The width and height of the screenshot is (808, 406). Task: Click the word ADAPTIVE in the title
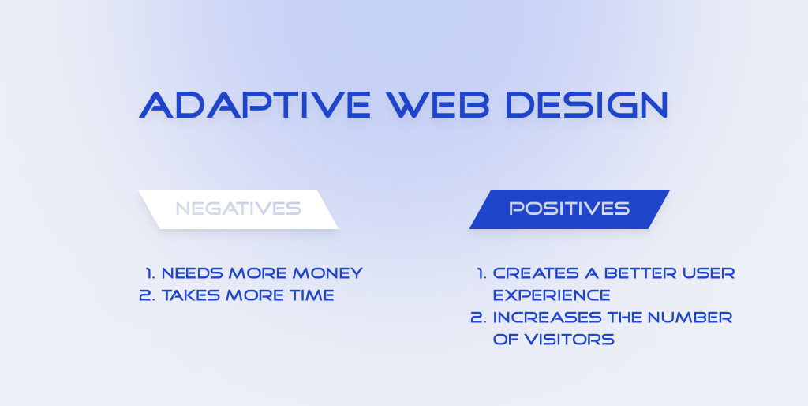point(255,105)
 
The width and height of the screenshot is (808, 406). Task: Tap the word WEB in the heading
point(438,105)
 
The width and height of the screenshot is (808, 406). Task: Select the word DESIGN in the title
point(586,105)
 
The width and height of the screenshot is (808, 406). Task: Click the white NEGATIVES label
point(238,209)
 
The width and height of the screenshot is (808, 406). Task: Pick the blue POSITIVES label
point(570,209)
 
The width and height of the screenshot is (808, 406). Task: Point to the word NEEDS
point(193,273)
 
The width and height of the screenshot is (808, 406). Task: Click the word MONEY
point(327,273)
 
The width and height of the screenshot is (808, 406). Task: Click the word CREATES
point(536,273)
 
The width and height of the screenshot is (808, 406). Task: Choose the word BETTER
point(641,273)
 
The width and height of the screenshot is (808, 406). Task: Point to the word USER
point(709,273)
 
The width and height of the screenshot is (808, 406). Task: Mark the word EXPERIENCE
point(552,295)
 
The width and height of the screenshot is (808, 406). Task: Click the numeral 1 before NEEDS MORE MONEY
point(150,273)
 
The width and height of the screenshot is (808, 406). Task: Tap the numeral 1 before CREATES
point(481,273)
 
